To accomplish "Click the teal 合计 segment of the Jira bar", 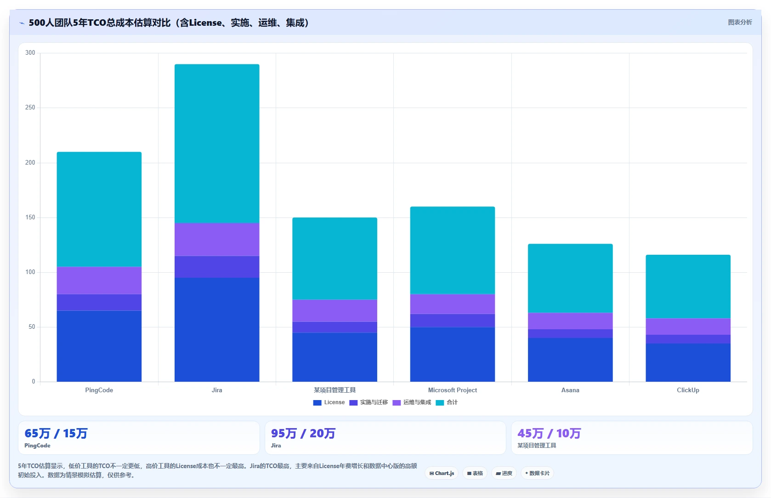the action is click(x=217, y=143).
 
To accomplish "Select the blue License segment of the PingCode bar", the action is click(x=99, y=346).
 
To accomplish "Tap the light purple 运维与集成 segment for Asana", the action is click(x=570, y=321).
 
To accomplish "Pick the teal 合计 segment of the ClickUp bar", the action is click(x=688, y=286).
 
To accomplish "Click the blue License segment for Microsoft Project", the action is click(x=453, y=355).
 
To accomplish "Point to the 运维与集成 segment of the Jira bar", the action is click(x=217, y=240).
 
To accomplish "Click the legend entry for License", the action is click(x=329, y=402).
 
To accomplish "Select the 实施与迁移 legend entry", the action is click(x=368, y=402).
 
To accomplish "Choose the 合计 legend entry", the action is click(x=447, y=402).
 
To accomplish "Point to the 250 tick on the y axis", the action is click(x=30, y=108).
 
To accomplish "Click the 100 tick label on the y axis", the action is click(x=30, y=272).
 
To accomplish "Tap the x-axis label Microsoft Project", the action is click(x=453, y=390).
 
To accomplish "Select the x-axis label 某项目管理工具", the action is click(x=335, y=390).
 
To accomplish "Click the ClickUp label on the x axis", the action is click(x=688, y=390).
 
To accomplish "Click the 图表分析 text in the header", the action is click(x=740, y=23).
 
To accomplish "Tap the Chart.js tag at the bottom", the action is click(x=442, y=473).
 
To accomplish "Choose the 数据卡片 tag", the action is click(x=537, y=473).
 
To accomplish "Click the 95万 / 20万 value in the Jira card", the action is click(x=303, y=433).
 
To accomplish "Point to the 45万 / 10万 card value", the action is click(x=550, y=433).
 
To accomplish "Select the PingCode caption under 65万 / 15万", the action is click(x=38, y=445).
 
